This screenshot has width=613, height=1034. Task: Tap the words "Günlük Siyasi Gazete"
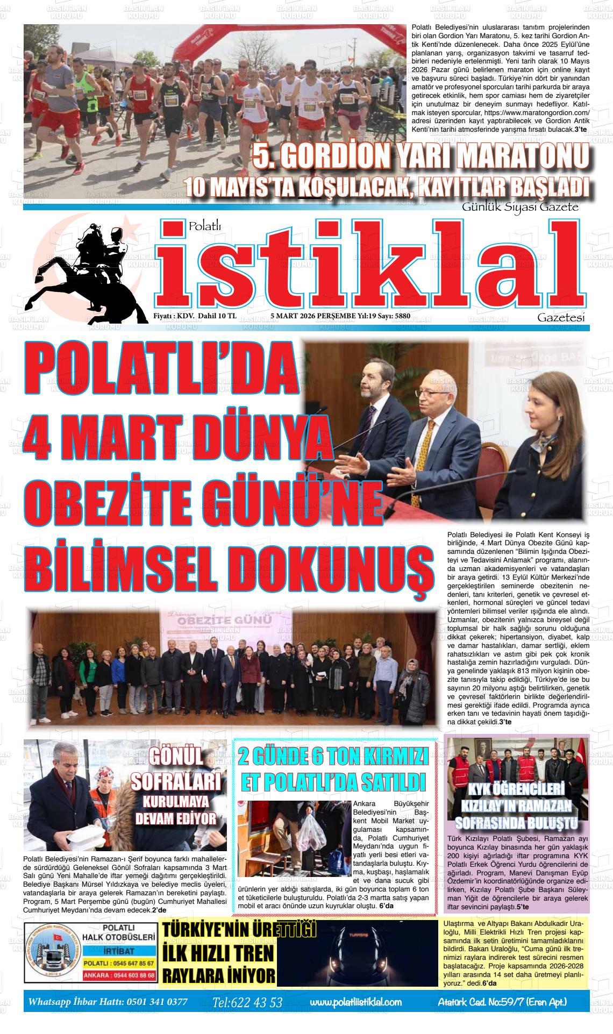pos(520,207)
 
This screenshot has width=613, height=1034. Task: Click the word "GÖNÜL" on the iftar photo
pos(177,757)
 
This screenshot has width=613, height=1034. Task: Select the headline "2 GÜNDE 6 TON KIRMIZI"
pos(333,758)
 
